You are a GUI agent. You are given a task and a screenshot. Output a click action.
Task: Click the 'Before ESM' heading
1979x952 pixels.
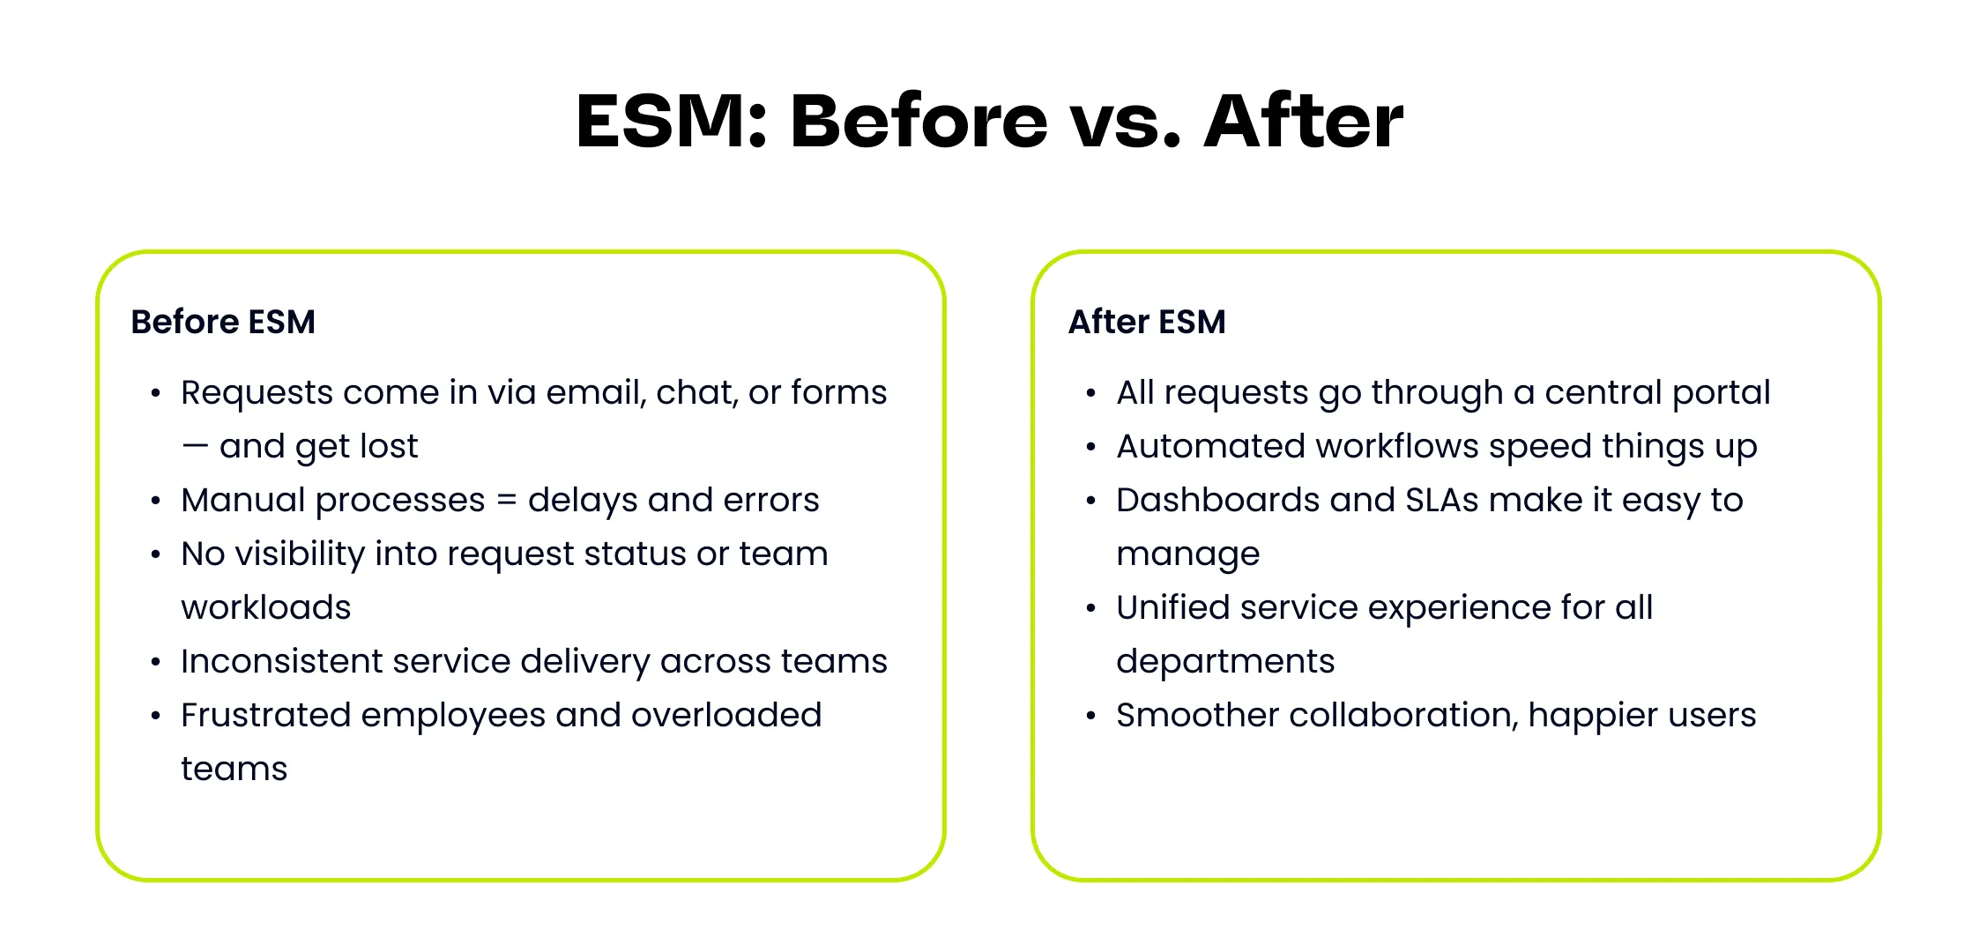223,322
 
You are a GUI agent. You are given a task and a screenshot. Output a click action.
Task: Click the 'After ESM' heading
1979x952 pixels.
1147,322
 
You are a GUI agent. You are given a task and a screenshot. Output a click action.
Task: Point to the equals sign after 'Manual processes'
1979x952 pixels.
507,500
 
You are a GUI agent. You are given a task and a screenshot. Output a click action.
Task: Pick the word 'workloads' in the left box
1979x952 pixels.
266,607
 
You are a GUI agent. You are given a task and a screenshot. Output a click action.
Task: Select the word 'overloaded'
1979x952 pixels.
726,715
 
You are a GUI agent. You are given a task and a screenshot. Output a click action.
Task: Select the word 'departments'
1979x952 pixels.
1225,661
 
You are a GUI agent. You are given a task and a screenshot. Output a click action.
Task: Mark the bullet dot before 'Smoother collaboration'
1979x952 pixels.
1091,717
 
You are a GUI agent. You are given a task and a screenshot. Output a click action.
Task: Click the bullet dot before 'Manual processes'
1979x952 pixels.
156,502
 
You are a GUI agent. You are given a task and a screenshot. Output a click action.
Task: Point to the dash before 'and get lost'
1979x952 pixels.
195,447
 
